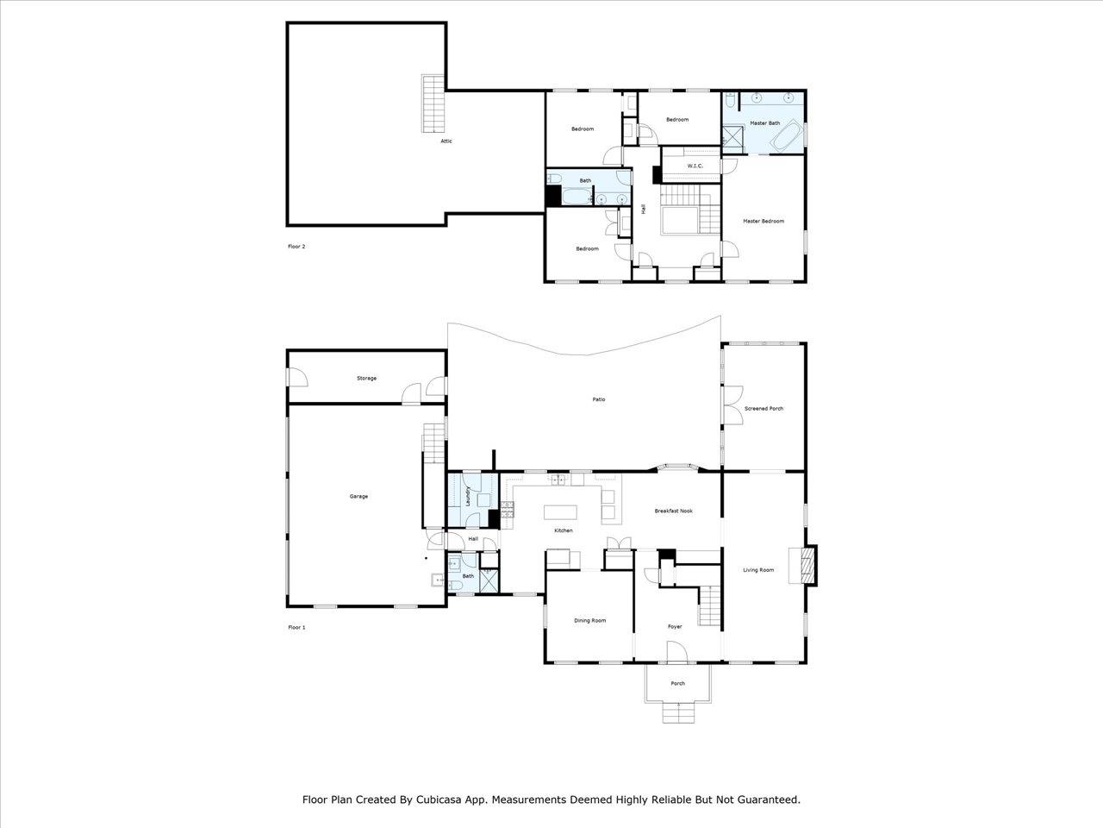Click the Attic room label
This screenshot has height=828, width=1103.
pyautogui.click(x=446, y=141)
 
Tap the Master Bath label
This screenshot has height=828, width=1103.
pyautogui.click(x=765, y=123)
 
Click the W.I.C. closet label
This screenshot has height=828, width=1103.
pyautogui.click(x=695, y=166)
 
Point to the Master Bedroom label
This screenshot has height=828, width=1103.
pyautogui.click(x=763, y=221)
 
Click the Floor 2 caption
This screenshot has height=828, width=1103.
pyautogui.click(x=296, y=247)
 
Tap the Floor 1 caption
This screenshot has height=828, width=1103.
pyautogui.click(x=296, y=627)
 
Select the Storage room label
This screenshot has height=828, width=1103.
pyautogui.click(x=366, y=378)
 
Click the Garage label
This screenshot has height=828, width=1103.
pyautogui.click(x=358, y=496)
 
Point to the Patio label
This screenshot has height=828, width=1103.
pyautogui.click(x=599, y=399)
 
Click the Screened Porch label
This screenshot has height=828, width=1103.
pyautogui.click(x=763, y=409)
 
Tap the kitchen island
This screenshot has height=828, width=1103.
pyautogui.click(x=560, y=512)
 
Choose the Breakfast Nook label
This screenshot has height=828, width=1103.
pyautogui.click(x=673, y=511)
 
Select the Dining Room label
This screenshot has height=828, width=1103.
pyautogui.click(x=590, y=620)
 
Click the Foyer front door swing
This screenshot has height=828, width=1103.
pyautogui.click(x=676, y=651)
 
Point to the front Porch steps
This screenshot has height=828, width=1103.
pyautogui.click(x=678, y=712)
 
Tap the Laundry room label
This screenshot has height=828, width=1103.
pyautogui.click(x=468, y=496)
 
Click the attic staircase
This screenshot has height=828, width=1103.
pyautogui.click(x=433, y=103)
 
